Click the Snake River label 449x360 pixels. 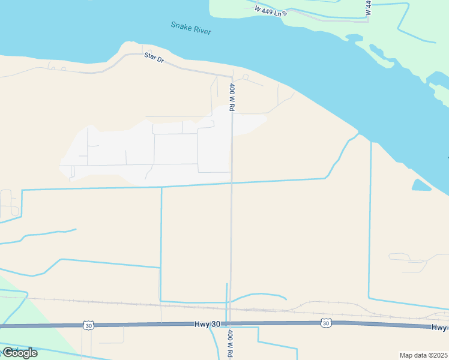(191, 28)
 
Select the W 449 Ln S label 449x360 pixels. (270, 10)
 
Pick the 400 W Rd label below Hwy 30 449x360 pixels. (229, 343)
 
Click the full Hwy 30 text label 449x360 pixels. (208, 324)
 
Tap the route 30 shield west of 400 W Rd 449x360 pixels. (88, 325)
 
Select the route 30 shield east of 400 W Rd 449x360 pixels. (325, 323)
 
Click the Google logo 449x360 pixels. (20, 352)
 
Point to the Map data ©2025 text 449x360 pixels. (423, 355)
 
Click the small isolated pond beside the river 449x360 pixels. (421, 185)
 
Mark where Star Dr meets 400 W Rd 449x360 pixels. (232, 76)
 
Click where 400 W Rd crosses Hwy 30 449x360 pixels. (229, 324)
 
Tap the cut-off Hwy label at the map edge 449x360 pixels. (439, 327)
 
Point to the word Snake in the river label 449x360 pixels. (181, 26)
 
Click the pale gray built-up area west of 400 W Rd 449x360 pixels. (150, 150)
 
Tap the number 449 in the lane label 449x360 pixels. (268, 10)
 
